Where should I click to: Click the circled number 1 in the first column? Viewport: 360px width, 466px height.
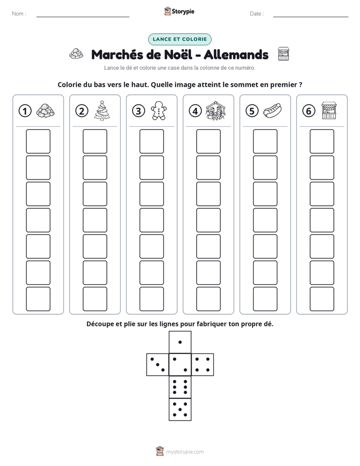point(25,111)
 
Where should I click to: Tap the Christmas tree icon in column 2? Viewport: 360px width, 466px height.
point(102,110)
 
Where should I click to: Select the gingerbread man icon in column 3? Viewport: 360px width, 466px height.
point(159,110)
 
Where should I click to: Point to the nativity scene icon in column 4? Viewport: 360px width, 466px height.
point(216,110)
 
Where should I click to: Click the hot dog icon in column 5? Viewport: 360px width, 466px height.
point(272,110)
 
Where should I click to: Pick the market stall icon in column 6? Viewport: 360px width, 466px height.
point(329,110)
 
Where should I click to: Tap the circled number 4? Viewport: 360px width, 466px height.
point(195,111)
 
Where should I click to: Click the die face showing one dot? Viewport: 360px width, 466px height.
point(180,342)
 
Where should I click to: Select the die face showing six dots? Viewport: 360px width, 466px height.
point(180,387)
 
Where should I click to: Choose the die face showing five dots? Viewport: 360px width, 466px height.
point(180,410)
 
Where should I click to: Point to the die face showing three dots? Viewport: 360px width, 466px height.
point(158,365)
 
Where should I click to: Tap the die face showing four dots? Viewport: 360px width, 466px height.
point(203,365)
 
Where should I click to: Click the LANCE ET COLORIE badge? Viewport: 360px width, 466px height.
point(179,39)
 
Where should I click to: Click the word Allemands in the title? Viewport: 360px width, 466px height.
point(236,54)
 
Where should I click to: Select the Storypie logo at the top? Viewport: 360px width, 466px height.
point(179,11)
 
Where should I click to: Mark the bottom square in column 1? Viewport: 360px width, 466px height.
point(38,299)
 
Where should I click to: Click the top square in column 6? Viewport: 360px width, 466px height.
point(322,141)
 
